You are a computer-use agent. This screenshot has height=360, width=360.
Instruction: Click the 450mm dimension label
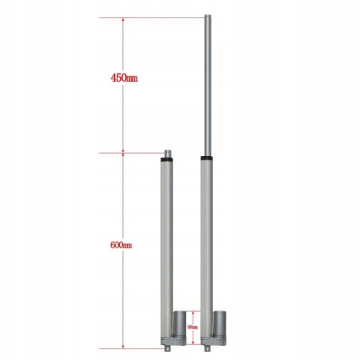124,77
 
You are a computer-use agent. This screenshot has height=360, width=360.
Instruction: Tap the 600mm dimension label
121,244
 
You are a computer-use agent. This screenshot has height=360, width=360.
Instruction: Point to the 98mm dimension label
192,327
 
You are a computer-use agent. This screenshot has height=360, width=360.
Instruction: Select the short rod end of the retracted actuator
168,154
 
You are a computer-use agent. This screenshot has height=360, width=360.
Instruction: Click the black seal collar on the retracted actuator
168,160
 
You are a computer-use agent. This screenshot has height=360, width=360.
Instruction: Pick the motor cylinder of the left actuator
180,323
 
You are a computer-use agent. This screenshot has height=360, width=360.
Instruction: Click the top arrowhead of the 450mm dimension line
122,20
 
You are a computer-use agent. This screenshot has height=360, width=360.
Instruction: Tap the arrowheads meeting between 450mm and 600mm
122,154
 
